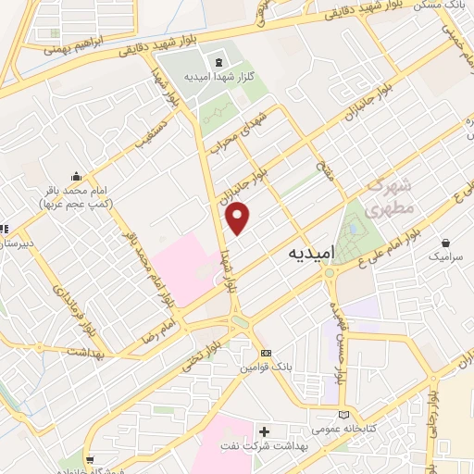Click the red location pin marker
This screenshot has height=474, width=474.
[239, 218]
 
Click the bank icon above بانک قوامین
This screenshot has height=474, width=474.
[267, 354]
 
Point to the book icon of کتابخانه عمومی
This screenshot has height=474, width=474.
[344, 415]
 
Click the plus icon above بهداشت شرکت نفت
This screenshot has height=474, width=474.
[265, 431]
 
